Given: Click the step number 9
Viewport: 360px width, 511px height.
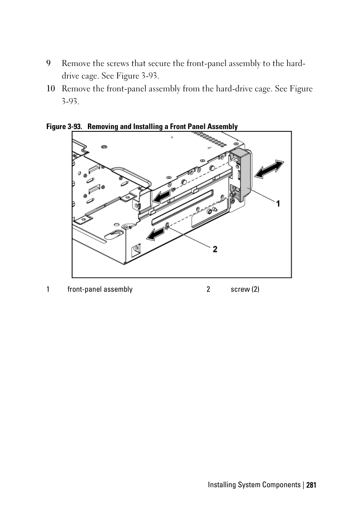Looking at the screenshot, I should [x=49, y=63].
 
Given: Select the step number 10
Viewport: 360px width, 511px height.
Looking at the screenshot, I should [x=51, y=89].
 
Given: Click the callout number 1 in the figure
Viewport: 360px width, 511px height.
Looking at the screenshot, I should [x=278, y=204].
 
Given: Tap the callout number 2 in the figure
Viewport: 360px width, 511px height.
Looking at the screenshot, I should [x=215, y=249].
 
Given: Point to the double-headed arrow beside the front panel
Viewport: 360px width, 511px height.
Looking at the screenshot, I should [x=269, y=169].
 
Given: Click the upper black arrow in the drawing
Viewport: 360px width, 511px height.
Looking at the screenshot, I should [x=161, y=197].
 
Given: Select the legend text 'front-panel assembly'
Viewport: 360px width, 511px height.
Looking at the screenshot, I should [x=100, y=289].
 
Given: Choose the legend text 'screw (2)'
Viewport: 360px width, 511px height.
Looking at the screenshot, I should [x=245, y=289].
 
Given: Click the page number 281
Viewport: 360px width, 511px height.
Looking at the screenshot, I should [x=311, y=485].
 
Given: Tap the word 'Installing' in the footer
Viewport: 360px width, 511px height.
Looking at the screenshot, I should [x=222, y=485].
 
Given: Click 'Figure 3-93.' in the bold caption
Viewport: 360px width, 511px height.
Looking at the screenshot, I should [x=64, y=127].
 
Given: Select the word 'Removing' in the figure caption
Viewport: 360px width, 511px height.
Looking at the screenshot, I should [x=103, y=127].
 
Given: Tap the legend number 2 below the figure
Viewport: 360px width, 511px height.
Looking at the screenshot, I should [x=208, y=289].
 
